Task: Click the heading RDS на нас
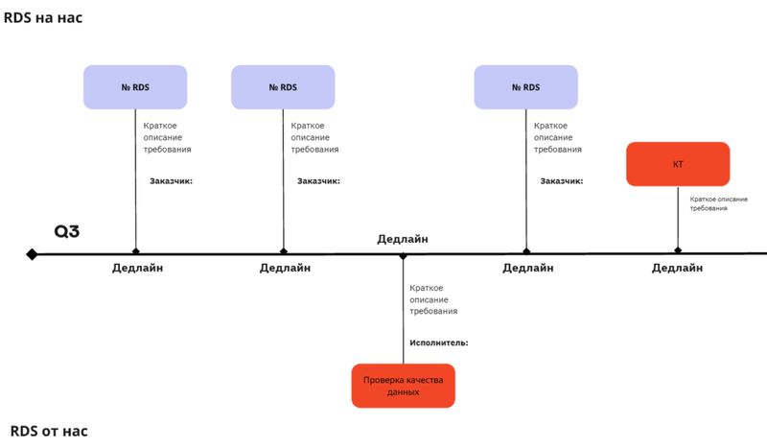point(43,17)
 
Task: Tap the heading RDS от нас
point(49,431)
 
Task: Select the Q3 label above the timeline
point(66,231)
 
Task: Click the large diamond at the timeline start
point(32,254)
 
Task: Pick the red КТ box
point(678,164)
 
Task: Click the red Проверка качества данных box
point(403,386)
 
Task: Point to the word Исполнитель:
point(439,342)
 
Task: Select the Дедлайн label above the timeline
point(403,239)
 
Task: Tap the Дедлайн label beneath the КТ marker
point(677,268)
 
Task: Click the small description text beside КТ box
point(718,203)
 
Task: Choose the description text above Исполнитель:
point(433,299)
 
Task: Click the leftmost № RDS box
point(135,87)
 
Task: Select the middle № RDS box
point(283,87)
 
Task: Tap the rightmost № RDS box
point(525,87)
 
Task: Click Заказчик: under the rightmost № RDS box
point(562,181)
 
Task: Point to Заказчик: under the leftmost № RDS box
point(172,181)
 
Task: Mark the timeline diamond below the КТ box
point(678,250)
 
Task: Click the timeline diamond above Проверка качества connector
point(403,256)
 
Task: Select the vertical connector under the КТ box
point(678,217)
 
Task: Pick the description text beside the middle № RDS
point(314,137)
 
